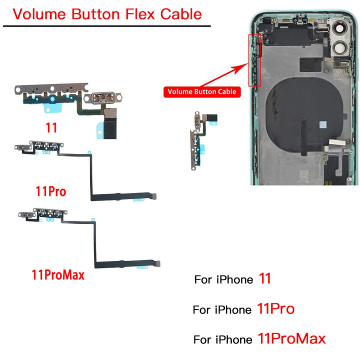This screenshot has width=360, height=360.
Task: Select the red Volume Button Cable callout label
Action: point(202,91)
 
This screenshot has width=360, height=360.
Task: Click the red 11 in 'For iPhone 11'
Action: point(264,278)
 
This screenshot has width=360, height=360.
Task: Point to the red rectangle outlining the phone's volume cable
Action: point(254,60)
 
